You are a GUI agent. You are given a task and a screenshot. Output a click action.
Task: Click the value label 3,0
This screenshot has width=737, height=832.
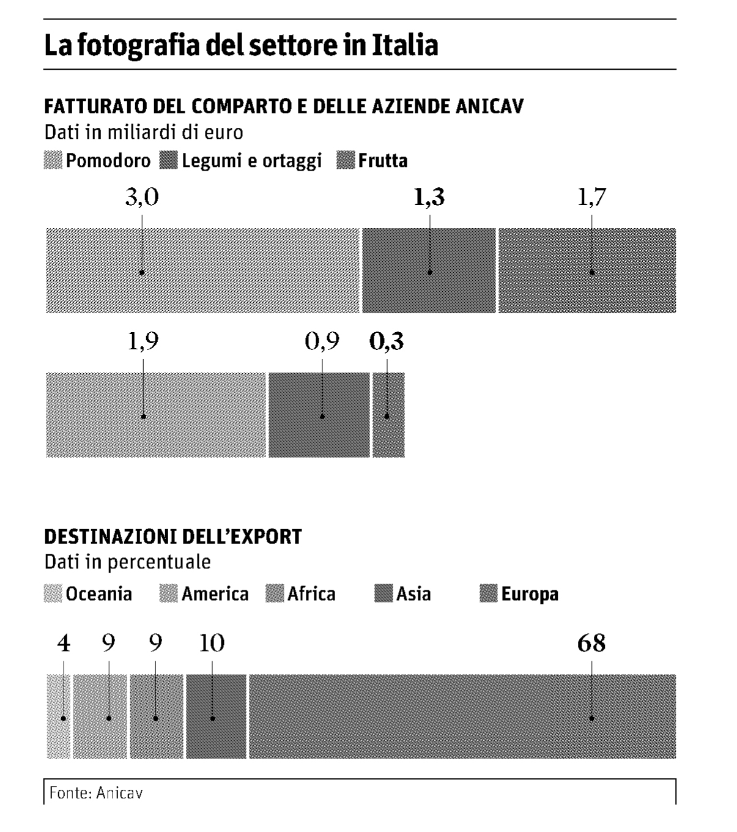pyautogui.click(x=142, y=198)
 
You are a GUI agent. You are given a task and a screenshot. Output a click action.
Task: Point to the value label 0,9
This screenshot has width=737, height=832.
pyautogui.click(x=322, y=342)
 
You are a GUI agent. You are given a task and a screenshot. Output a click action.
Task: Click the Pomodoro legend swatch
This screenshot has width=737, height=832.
pyautogui.click(x=53, y=161)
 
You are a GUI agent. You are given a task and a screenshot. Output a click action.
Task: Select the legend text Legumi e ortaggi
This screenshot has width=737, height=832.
pyautogui.click(x=251, y=161)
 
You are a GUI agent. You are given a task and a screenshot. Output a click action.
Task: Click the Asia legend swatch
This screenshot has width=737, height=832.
pyautogui.click(x=383, y=593)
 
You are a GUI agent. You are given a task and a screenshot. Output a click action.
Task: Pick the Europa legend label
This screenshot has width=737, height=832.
pyautogui.click(x=530, y=594)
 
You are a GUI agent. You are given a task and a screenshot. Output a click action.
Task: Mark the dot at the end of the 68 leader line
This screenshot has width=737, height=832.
pyautogui.click(x=591, y=718)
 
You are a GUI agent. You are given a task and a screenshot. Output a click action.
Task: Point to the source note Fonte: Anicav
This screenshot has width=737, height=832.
pyautogui.click(x=96, y=793)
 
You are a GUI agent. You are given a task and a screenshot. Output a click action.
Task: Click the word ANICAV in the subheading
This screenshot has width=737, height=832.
pyautogui.click(x=489, y=106)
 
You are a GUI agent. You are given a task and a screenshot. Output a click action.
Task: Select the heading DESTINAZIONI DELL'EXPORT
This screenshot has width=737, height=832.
pyautogui.click(x=173, y=537)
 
